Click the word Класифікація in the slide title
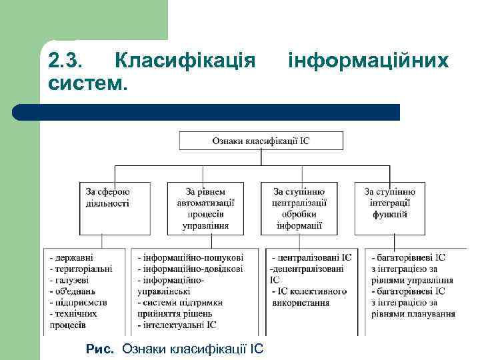(x=185, y=61)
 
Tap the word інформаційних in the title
(x=368, y=61)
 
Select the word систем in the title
(x=85, y=84)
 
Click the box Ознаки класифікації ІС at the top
(x=261, y=141)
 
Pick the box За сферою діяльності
(x=107, y=198)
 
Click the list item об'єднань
(x=74, y=291)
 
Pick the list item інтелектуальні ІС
(x=179, y=325)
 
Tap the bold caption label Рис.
(x=101, y=349)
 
